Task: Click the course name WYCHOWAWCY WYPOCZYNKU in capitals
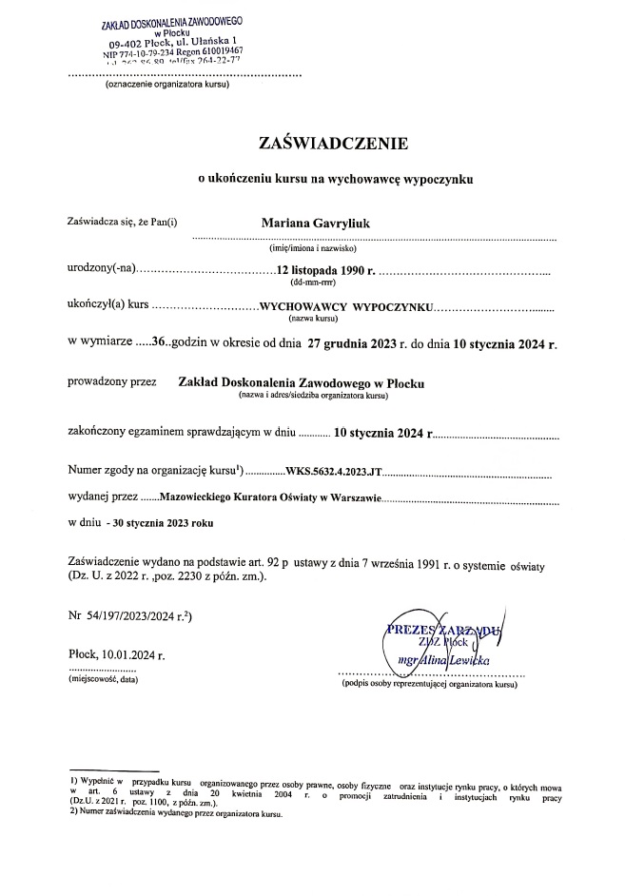pyautogui.click(x=339, y=308)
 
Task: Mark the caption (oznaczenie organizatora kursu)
pyautogui.click(x=166, y=87)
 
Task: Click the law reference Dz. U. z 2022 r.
pyautogui.click(x=118, y=577)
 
